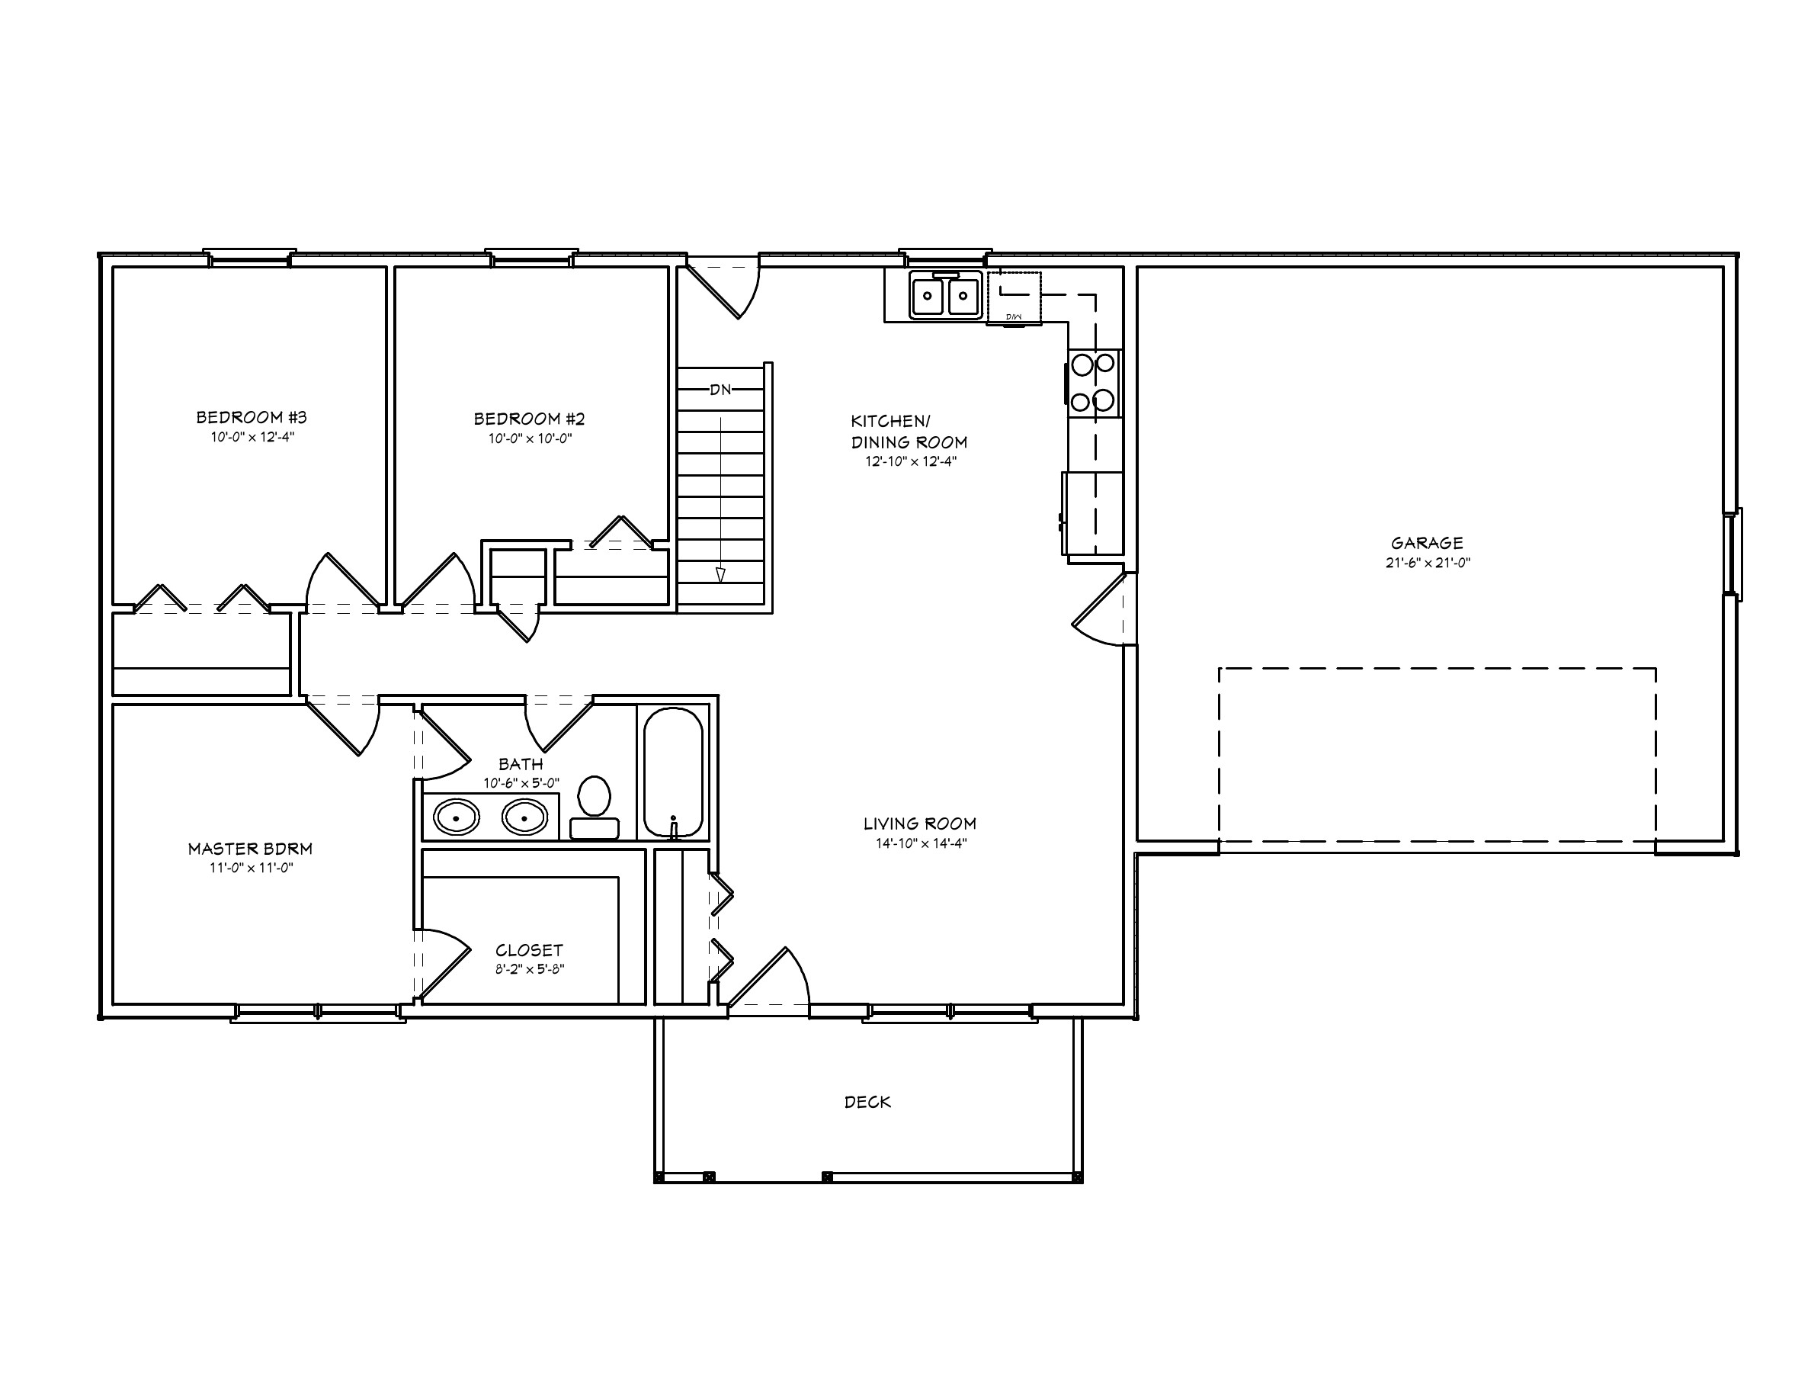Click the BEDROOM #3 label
click(252, 417)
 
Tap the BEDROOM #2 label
click(529, 419)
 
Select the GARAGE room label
click(1426, 543)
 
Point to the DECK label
click(867, 1103)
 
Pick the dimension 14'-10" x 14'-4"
click(921, 843)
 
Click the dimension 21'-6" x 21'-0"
click(1427, 562)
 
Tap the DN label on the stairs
click(720, 390)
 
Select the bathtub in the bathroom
click(673, 772)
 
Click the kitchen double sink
click(945, 295)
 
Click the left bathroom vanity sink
click(456, 817)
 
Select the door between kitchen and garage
click(1103, 609)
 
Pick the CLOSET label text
click(529, 950)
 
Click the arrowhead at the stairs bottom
click(720, 575)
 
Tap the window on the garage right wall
click(1733, 553)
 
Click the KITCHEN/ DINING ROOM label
click(908, 432)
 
